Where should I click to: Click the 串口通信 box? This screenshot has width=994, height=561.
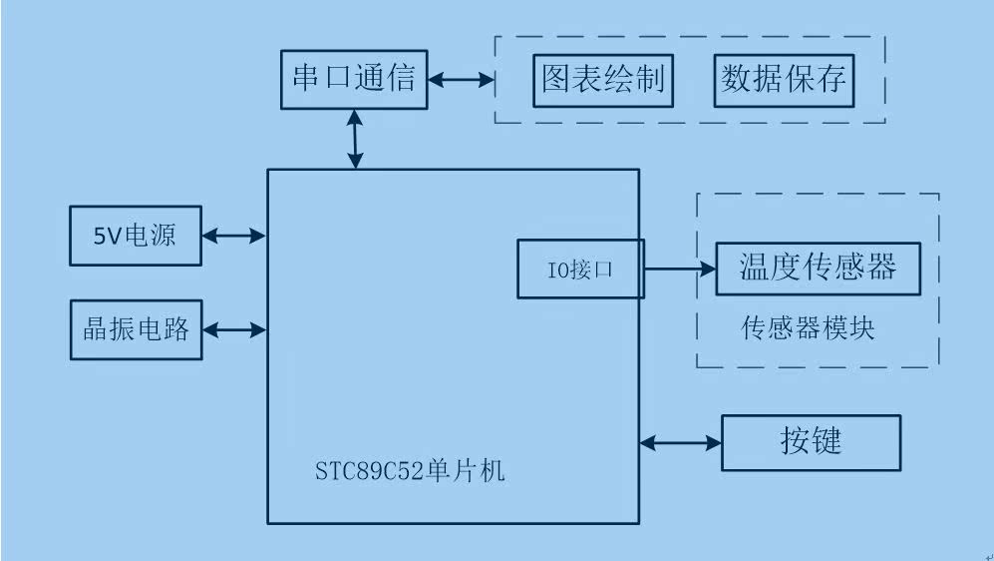pyautogui.click(x=354, y=78)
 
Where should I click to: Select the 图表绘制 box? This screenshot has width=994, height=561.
pyautogui.click(x=603, y=80)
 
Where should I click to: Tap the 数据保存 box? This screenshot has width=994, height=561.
pyautogui.click(x=785, y=80)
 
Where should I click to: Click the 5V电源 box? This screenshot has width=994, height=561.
pyautogui.click(x=136, y=236)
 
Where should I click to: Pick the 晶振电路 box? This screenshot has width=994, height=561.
pyautogui.click(x=136, y=329)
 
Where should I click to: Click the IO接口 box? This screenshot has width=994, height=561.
pyautogui.click(x=580, y=270)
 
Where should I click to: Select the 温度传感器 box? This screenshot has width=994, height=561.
pyautogui.click(x=818, y=268)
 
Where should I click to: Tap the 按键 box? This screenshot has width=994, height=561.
pyautogui.click(x=811, y=442)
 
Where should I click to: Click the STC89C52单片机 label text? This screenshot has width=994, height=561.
pyautogui.click(x=410, y=469)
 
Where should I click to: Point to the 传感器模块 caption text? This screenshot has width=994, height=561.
pyautogui.click(x=809, y=328)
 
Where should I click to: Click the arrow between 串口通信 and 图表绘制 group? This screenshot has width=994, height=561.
pyautogui.click(x=462, y=79)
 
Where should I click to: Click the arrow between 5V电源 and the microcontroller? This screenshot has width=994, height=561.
pyautogui.click(x=234, y=236)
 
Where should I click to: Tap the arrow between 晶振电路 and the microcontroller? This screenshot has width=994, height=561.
pyautogui.click(x=234, y=328)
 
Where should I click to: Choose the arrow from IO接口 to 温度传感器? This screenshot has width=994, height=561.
pyautogui.click(x=680, y=268)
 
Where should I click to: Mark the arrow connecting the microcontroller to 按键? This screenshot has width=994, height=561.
pyautogui.click(x=680, y=441)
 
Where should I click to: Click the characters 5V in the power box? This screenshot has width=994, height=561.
pyautogui.click(x=106, y=236)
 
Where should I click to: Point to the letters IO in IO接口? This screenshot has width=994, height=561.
pyautogui.click(x=557, y=270)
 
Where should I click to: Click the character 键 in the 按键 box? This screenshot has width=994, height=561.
pyautogui.click(x=827, y=441)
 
